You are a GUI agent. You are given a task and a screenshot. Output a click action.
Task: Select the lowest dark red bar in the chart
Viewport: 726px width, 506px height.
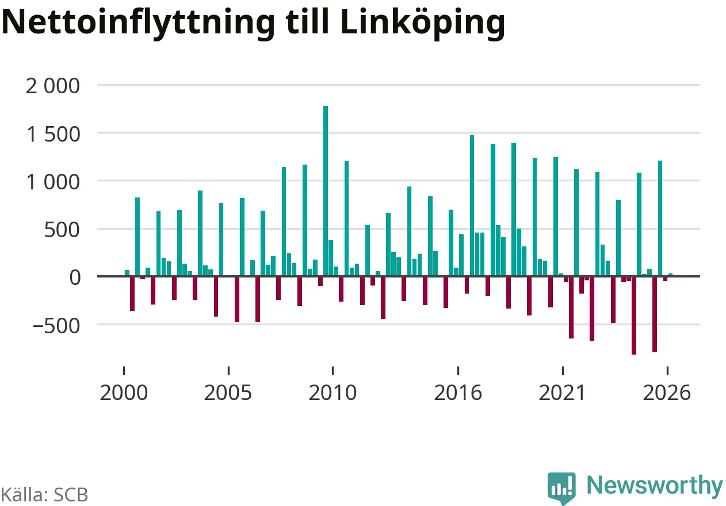634,315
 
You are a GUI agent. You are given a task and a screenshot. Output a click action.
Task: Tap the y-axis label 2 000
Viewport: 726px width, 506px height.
52,86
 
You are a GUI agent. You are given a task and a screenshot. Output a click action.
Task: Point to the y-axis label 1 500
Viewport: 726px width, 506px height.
53,134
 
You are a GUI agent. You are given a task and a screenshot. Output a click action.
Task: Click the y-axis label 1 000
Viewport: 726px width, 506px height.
53,182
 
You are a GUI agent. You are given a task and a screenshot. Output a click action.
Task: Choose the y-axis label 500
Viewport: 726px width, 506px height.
62,230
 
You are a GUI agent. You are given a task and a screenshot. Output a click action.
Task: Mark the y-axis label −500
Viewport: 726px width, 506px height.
56,326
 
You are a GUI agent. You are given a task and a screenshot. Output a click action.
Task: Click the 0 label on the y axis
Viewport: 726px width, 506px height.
75,277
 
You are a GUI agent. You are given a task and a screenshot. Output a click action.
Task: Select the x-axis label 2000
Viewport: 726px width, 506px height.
124,393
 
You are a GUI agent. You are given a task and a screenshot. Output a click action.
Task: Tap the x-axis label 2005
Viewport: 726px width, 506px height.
228,393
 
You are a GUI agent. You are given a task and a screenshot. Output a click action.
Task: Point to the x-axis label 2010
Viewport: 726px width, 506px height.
333,393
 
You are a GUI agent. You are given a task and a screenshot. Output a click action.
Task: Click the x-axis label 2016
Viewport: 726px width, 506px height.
458,393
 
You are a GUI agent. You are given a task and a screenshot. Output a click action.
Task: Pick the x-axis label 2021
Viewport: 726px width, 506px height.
562,393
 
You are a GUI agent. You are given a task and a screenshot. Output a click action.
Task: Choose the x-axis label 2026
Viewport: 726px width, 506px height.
667,393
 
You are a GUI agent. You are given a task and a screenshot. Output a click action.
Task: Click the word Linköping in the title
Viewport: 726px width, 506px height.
423,24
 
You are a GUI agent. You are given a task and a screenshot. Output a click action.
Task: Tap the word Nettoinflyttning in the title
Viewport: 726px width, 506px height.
138,24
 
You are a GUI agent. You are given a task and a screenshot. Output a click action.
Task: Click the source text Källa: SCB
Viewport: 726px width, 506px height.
44,494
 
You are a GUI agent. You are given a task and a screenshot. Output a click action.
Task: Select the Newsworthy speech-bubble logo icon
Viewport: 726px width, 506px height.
561,488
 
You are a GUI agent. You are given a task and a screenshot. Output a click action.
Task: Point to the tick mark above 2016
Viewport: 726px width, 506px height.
458,371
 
